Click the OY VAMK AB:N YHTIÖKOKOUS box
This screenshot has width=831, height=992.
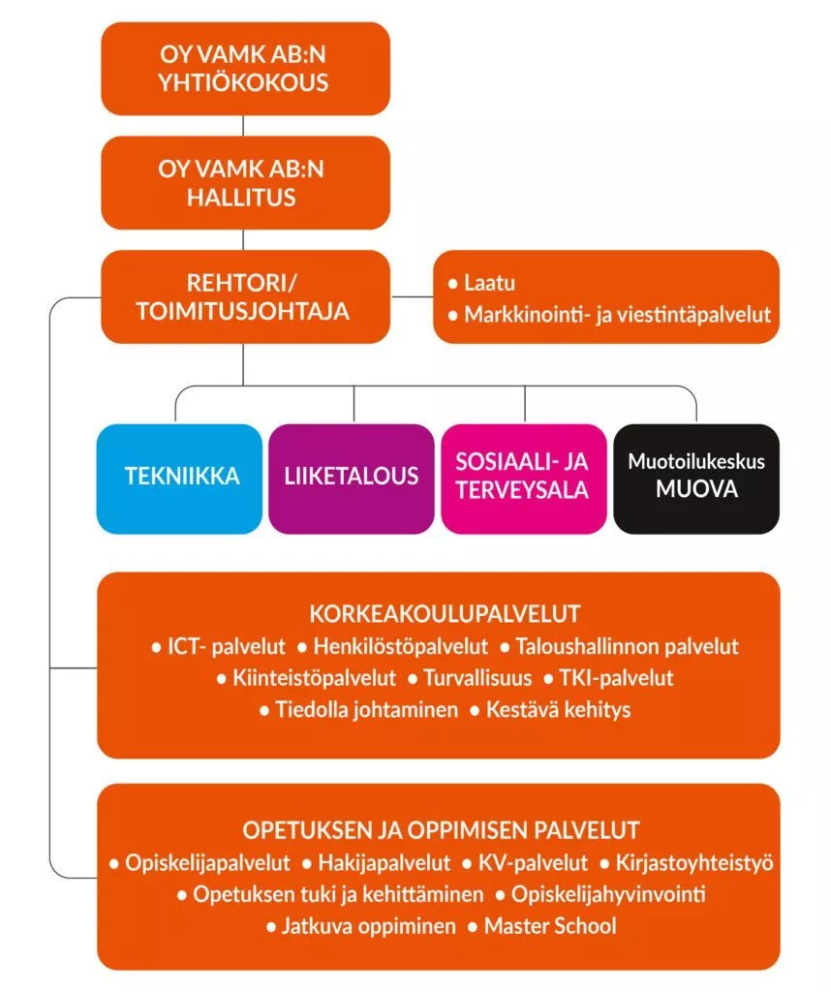[244, 69]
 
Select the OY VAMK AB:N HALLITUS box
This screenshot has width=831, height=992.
[244, 183]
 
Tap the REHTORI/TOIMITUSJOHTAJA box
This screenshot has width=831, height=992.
[244, 297]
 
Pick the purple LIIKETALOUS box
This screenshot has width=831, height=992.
[351, 478]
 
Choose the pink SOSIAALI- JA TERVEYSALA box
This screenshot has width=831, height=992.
[523, 478]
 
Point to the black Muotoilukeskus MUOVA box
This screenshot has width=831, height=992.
[696, 478]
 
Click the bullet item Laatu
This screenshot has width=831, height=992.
[488, 284]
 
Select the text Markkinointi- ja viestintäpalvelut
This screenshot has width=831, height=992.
[616, 315]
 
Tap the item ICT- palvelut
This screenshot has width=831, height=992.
[226, 646]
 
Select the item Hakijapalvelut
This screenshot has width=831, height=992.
[382, 862]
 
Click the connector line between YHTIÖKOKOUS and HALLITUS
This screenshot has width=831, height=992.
[244, 126]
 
